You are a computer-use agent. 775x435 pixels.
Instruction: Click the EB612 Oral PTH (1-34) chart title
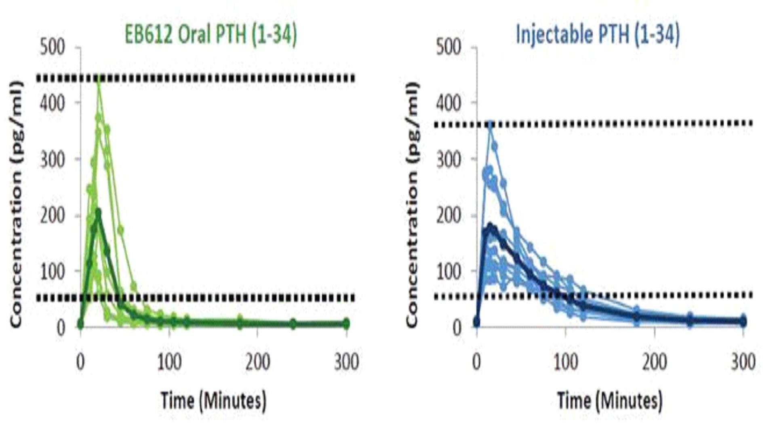[x=211, y=35]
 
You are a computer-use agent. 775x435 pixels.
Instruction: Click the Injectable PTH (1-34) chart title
[x=598, y=35]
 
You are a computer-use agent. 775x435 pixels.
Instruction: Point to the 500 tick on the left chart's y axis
[x=53, y=48]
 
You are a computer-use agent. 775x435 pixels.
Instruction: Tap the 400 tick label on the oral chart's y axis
[x=53, y=103]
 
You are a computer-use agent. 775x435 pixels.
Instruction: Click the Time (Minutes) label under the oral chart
[x=213, y=401]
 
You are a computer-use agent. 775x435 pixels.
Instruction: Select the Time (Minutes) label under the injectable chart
[x=610, y=401]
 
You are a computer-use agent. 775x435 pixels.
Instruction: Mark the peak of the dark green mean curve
[x=98, y=211]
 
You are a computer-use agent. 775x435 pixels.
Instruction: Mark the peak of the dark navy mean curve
[x=491, y=226]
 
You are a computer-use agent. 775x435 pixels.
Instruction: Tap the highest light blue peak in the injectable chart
[x=490, y=124]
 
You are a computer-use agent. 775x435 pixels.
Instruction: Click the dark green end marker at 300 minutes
[x=346, y=324]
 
